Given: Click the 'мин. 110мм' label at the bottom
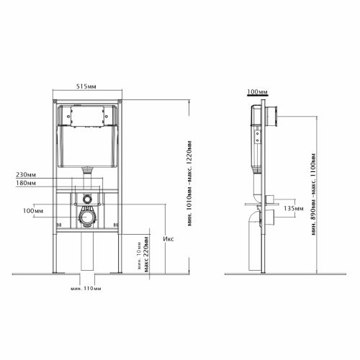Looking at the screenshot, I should (x=85, y=289).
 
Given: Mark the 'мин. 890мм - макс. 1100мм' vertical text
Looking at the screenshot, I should (x=314, y=194).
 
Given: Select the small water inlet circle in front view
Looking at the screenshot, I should (x=86, y=199).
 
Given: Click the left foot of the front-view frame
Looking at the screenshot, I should (x=58, y=271).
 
